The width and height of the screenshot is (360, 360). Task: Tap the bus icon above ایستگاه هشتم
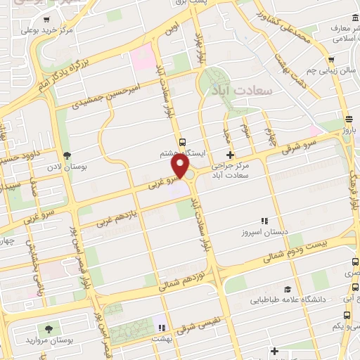[182, 141]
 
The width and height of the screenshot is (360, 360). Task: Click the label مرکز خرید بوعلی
[47, 30]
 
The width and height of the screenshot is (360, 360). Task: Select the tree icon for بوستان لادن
[67, 155]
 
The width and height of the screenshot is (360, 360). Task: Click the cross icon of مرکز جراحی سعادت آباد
[229, 155]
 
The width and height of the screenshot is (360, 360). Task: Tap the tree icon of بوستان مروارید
[49, 328]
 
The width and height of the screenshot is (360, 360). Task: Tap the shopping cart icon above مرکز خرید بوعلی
[46, 20]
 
